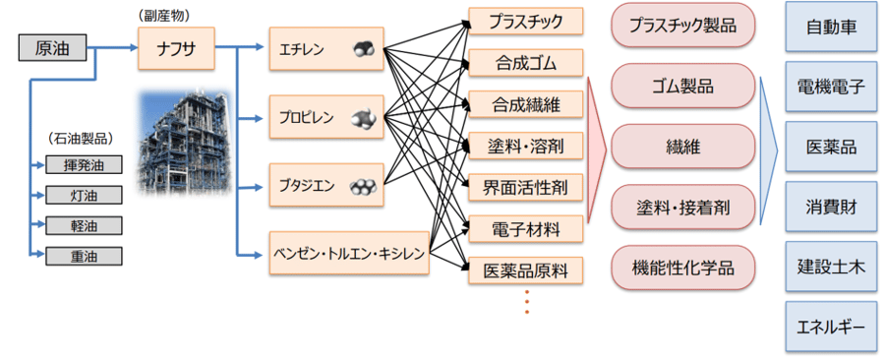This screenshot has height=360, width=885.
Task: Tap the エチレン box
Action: pos(324,47)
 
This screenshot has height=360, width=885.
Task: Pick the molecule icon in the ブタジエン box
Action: pos(363,185)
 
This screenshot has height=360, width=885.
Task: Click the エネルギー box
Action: pos(829,327)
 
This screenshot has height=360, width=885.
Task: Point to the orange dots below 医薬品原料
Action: pos(526,302)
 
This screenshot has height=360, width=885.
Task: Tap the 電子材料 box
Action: pos(525,229)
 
